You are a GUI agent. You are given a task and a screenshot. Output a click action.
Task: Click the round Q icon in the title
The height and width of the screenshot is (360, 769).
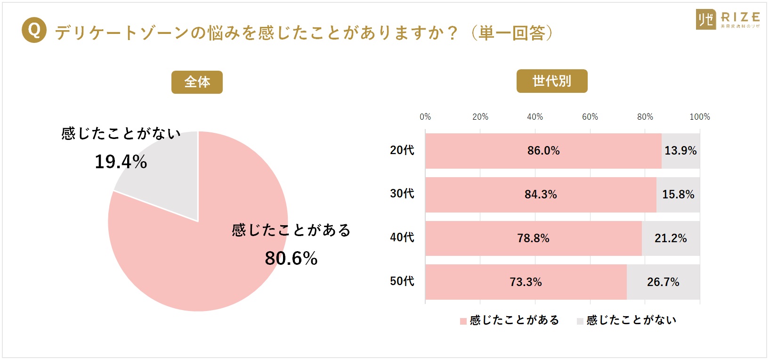point(34,30)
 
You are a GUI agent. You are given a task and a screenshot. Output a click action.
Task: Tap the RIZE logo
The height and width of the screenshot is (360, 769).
point(727,20)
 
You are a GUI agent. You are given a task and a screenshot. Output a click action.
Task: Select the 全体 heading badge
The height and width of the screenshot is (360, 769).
point(197,82)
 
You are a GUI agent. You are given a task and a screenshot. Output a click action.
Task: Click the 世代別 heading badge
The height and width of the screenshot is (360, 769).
point(551,81)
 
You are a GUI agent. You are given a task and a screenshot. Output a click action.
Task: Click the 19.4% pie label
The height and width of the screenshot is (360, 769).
point(121,162)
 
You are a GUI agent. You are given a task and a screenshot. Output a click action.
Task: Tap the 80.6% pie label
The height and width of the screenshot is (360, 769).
point(291,258)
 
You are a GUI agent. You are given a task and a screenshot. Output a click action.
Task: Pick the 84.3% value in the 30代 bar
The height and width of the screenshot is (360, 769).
point(541,195)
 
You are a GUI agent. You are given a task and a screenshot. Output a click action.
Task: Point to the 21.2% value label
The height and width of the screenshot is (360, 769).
point(671,238)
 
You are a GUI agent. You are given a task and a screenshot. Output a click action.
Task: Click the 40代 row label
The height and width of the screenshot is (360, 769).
point(402,237)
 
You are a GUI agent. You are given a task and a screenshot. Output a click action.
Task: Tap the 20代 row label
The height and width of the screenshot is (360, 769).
point(402,150)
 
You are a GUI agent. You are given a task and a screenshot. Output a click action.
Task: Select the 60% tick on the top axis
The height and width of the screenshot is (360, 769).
point(590,117)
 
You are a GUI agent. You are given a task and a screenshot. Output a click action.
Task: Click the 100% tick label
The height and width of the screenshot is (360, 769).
point(699,117)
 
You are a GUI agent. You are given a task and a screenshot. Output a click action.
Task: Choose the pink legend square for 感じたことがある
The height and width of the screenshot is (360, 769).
point(463,321)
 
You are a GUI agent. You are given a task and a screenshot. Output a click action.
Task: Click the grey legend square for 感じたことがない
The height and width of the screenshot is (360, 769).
point(580,321)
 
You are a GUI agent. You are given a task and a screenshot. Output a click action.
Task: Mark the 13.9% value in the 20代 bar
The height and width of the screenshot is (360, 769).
point(680,151)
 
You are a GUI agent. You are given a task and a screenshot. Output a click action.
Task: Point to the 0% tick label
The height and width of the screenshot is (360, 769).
point(425,117)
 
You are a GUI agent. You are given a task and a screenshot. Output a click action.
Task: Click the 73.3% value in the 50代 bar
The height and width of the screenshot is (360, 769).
point(526,282)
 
